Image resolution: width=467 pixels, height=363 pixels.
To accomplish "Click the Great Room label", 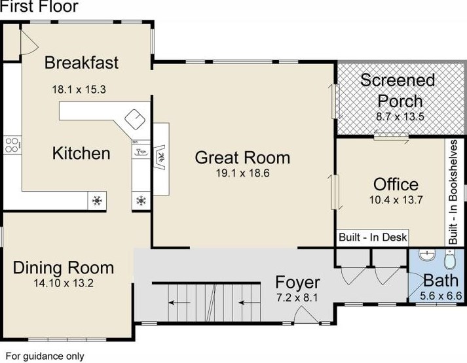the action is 242,158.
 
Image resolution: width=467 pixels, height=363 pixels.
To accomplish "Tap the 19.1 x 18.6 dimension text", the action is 242,173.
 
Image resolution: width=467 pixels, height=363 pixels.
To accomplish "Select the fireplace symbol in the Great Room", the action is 161,157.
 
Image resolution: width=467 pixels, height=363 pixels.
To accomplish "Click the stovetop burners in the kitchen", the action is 12,145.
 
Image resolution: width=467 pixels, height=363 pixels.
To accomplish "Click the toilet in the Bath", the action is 450,259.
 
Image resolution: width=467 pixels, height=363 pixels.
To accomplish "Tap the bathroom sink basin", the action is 427,255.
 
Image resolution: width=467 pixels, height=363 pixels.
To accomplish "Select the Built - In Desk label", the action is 373,237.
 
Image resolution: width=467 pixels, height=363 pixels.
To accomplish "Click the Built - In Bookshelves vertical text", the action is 453,192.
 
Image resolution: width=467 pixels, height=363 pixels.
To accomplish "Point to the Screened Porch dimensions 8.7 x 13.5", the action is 400,116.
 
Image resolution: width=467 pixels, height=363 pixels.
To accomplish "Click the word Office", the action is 396,184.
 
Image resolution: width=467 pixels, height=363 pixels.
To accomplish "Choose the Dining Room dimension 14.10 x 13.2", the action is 64,283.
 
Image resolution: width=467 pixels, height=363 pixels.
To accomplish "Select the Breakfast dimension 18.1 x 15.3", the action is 79,89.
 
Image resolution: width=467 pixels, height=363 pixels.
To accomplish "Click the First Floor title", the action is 39,7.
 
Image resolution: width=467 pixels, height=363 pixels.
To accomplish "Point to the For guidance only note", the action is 45,356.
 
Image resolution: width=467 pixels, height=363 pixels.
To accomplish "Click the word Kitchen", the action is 81,153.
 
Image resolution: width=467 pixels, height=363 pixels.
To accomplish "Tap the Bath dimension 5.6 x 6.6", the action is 441,296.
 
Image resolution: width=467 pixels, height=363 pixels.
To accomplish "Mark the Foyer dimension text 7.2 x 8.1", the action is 297,298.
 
